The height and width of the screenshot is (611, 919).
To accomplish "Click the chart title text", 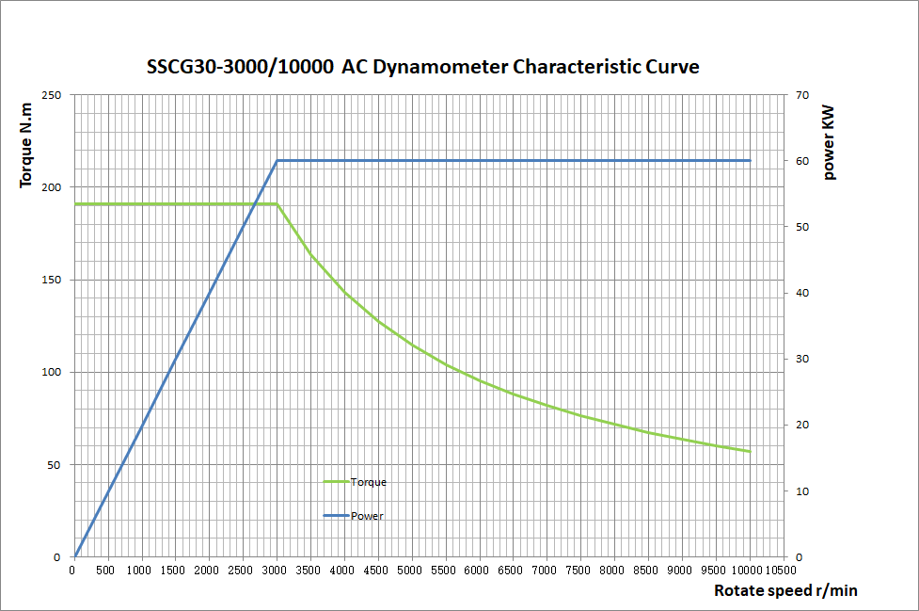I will (x=423, y=68).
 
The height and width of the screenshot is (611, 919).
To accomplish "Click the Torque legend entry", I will (x=368, y=482).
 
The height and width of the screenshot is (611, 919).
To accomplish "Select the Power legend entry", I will (x=367, y=516).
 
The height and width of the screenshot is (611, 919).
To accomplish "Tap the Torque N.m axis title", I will (x=27, y=146).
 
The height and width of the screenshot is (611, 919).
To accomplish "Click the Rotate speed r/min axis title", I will (x=785, y=591).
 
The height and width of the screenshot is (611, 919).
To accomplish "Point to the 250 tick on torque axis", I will (x=53, y=95).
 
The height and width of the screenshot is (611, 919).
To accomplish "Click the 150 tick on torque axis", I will (x=53, y=280).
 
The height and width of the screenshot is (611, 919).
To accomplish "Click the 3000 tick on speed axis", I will (x=276, y=570).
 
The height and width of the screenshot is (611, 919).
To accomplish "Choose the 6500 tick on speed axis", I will (x=513, y=570).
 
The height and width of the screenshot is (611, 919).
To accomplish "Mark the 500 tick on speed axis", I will (x=106, y=570).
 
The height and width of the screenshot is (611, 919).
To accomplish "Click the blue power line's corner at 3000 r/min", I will (x=277, y=161).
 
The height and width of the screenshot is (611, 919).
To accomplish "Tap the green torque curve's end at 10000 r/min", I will (x=750, y=452).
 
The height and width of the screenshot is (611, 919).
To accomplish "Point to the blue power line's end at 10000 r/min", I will (x=750, y=161).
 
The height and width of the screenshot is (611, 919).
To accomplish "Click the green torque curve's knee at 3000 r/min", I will (x=277, y=204).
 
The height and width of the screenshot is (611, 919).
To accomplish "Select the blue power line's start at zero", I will (x=74, y=556).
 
